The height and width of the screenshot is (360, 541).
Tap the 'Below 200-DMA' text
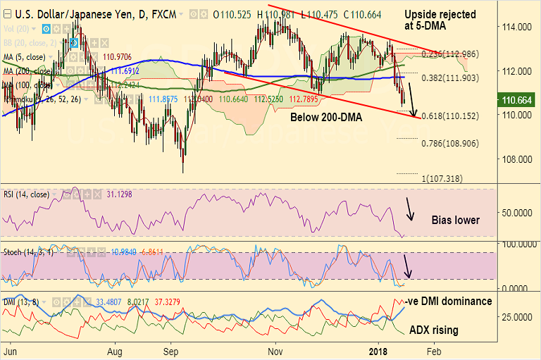coord(326,118)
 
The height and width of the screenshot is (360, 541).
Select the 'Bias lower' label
coord(455,221)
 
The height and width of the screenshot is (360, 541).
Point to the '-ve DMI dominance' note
coord(449,301)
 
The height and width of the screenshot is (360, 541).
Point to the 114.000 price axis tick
coord(516,27)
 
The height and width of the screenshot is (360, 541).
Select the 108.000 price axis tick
coord(516,159)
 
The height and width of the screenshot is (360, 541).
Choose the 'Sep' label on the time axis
coord(172,349)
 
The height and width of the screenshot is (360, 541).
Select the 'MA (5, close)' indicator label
coord(28,56)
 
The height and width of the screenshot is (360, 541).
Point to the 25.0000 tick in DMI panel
coord(516,316)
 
